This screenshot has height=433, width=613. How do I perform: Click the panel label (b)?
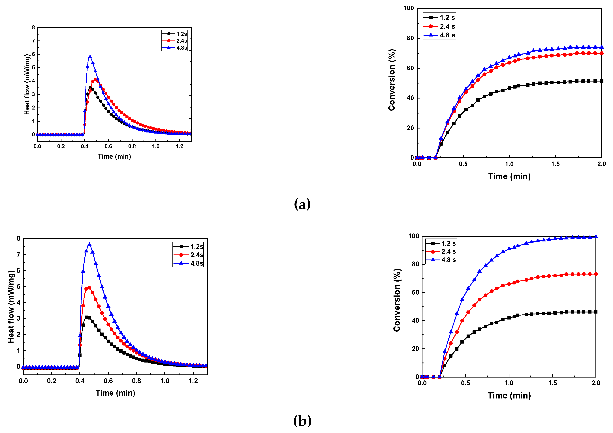pos(302,421)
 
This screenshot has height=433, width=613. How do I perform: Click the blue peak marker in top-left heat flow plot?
pos(90,57)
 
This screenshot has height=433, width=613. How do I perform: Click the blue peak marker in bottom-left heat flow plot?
pos(89,245)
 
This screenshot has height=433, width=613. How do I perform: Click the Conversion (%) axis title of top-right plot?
pos(392,80)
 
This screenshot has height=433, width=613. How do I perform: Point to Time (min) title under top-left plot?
pos(114,157)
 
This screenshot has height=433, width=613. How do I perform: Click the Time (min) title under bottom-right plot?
pos(509,395)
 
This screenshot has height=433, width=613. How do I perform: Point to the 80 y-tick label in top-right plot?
pos(410,38)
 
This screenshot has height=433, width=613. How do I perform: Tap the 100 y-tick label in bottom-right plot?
pos(414,236)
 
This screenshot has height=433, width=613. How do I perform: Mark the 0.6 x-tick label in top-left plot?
pos(108,146)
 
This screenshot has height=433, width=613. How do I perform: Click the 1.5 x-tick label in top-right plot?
pos(555,164)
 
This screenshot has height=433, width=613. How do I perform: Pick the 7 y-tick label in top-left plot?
pos(33,41)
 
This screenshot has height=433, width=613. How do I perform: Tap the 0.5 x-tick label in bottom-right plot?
pos(465,383)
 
